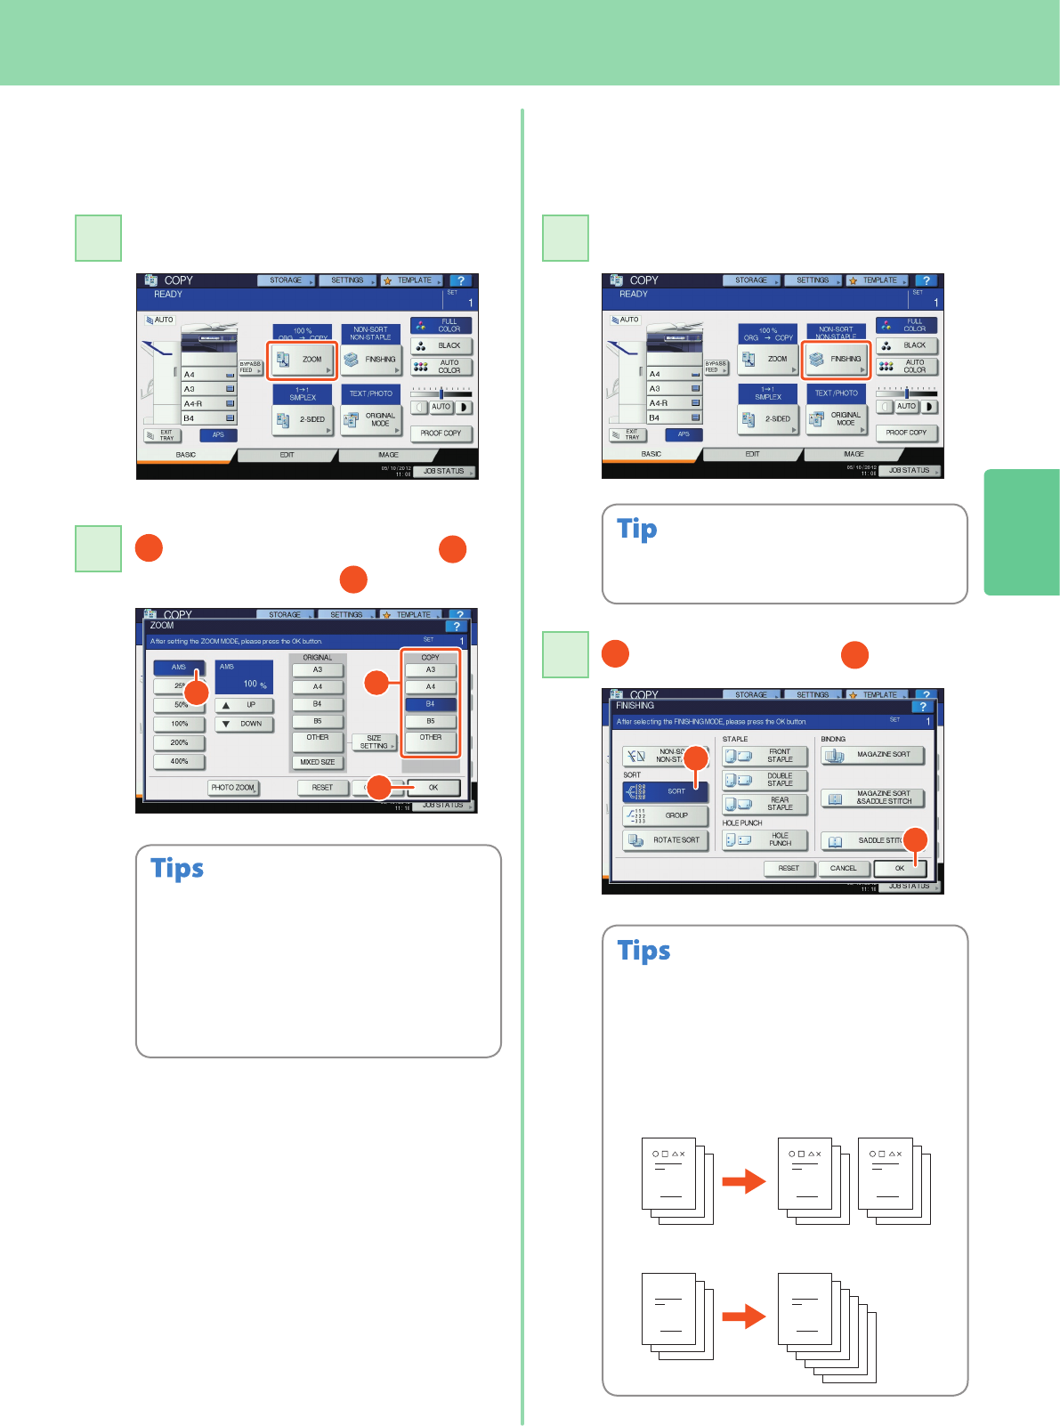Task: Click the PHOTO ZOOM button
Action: [233, 788]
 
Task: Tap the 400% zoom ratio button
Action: [179, 761]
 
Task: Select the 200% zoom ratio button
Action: [179, 742]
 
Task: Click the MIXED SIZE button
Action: [318, 762]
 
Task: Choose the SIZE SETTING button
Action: [374, 742]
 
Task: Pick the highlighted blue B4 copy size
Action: [430, 704]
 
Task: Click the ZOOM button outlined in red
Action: [303, 360]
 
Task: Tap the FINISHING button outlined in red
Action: [837, 360]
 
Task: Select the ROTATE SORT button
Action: [666, 839]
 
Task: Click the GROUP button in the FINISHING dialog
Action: [666, 815]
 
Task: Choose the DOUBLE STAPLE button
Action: [765, 780]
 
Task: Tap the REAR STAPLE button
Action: [765, 804]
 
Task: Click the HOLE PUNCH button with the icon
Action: [765, 839]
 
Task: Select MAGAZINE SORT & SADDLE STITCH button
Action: [872, 798]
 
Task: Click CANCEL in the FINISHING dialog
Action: [843, 868]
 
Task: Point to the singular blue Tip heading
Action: [637, 530]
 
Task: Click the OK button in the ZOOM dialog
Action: [433, 788]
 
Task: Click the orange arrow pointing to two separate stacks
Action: [743, 1181]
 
